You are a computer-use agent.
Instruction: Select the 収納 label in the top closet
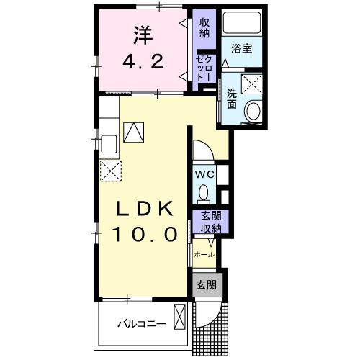[204, 28]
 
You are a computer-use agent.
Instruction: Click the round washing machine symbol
[253, 111]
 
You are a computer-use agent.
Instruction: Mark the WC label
[203, 174]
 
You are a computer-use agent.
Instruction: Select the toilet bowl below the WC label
[204, 193]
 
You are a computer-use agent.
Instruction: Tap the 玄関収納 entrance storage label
[210, 222]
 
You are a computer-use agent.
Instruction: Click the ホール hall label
[204, 255]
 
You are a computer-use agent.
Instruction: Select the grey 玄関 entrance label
[207, 284]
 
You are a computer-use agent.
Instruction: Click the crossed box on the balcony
[180, 317]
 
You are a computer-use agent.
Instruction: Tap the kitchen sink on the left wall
[108, 143]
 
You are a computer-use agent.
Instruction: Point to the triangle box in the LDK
[134, 131]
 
